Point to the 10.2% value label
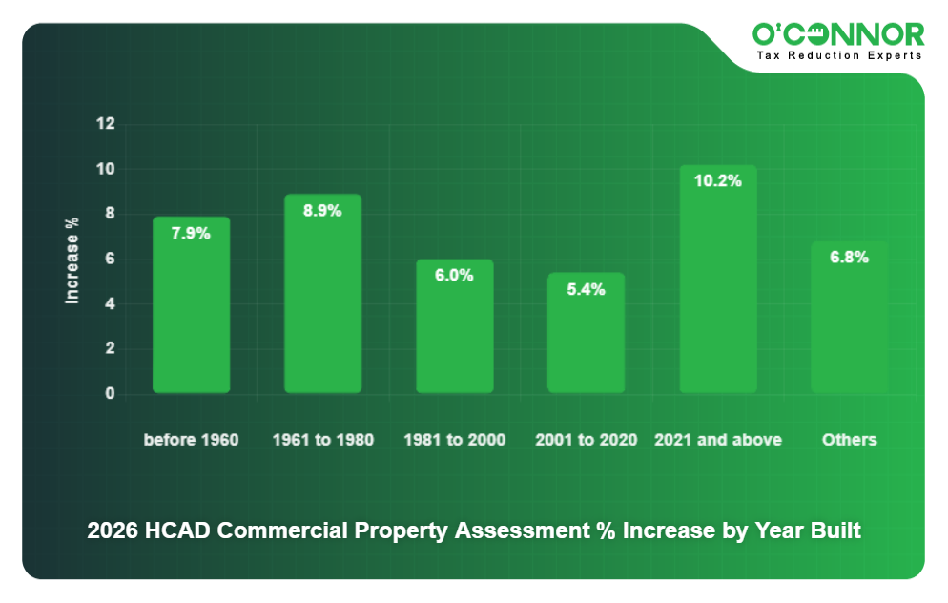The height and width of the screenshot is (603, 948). point(717,180)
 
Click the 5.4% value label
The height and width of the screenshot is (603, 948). point(586,289)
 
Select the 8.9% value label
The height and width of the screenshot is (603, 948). point(322,211)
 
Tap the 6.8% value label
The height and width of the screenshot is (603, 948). point(849,257)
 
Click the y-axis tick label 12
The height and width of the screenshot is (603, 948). point(105,124)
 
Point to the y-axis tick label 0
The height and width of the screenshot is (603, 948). point(110,393)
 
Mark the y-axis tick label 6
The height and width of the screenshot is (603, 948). point(110,259)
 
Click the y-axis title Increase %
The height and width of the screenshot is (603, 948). point(72,260)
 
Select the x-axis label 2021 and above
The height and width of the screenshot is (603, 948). point(717,440)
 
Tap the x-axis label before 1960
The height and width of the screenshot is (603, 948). point(191,440)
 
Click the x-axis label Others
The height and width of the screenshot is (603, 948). point(849,440)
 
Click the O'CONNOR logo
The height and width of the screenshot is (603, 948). point(838,34)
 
